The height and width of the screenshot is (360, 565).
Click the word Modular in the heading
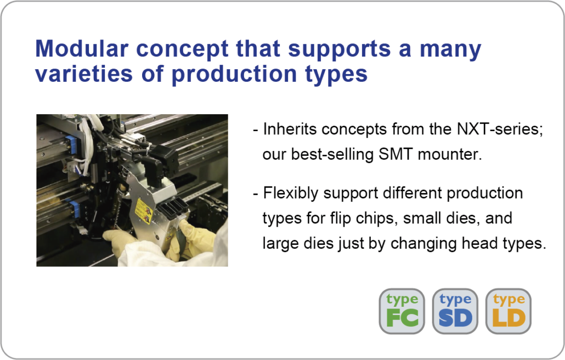(81, 48)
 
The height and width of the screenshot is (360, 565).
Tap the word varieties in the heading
(84, 74)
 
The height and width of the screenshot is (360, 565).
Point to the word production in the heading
(234, 75)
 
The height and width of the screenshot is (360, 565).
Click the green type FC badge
(402, 311)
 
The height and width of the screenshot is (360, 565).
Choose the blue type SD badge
(455, 311)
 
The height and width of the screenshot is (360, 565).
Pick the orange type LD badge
(508, 311)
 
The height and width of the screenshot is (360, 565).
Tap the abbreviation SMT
(395, 154)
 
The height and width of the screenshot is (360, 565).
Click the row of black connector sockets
(174, 207)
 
